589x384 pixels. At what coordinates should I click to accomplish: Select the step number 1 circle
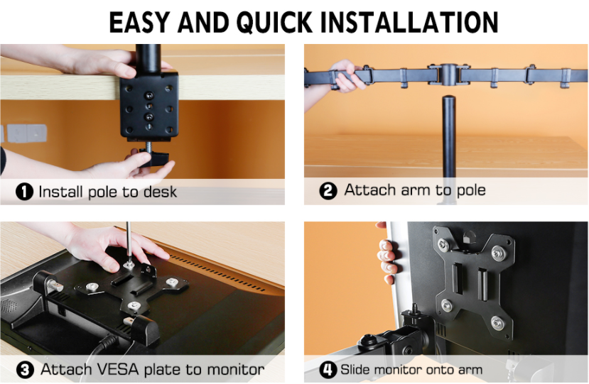point(24,192)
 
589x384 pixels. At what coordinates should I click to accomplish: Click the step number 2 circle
point(328,191)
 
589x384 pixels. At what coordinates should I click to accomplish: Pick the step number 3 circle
point(25,370)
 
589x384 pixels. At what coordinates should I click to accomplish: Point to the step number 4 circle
point(328,370)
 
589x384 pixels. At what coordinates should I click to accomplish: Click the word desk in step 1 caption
point(161,192)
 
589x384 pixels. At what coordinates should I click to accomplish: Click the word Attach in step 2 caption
point(371,190)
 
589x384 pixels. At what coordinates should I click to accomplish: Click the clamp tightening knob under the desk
point(155,158)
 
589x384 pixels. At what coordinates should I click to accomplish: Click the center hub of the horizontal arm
point(448,75)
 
